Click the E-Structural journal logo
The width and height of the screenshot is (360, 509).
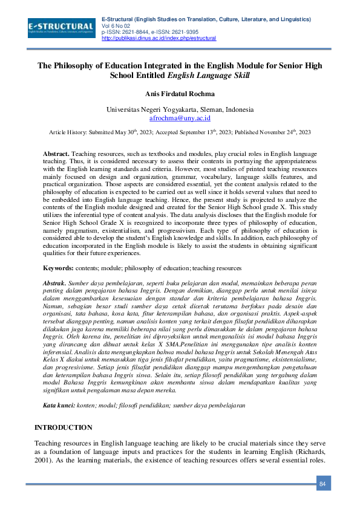pos(61,27)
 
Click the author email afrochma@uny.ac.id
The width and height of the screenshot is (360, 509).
pos(180,119)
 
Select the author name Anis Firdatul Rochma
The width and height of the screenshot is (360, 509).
pos(180,95)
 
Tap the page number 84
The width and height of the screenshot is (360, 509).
pos(322,484)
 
